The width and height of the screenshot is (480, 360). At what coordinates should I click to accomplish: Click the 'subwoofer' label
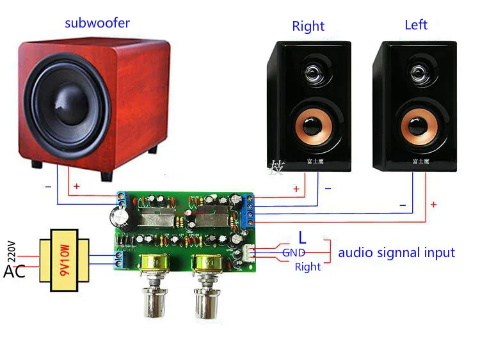[97, 23]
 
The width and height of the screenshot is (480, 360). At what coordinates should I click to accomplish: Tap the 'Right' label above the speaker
[308, 26]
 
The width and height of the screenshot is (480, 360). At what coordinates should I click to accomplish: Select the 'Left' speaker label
[416, 25]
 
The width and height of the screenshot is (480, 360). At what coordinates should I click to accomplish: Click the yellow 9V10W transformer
[63, 260]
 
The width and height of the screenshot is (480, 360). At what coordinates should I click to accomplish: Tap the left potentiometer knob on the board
[154, 301]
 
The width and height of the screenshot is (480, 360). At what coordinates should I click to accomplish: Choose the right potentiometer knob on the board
[207, 301]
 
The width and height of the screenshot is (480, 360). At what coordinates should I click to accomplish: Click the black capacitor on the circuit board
[122, 219]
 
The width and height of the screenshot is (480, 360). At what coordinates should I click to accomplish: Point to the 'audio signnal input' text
[396, 252]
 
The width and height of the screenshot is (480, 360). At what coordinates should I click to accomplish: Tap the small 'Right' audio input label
[307, 267]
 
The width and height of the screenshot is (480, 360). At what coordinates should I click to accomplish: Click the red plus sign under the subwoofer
[77, 187]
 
